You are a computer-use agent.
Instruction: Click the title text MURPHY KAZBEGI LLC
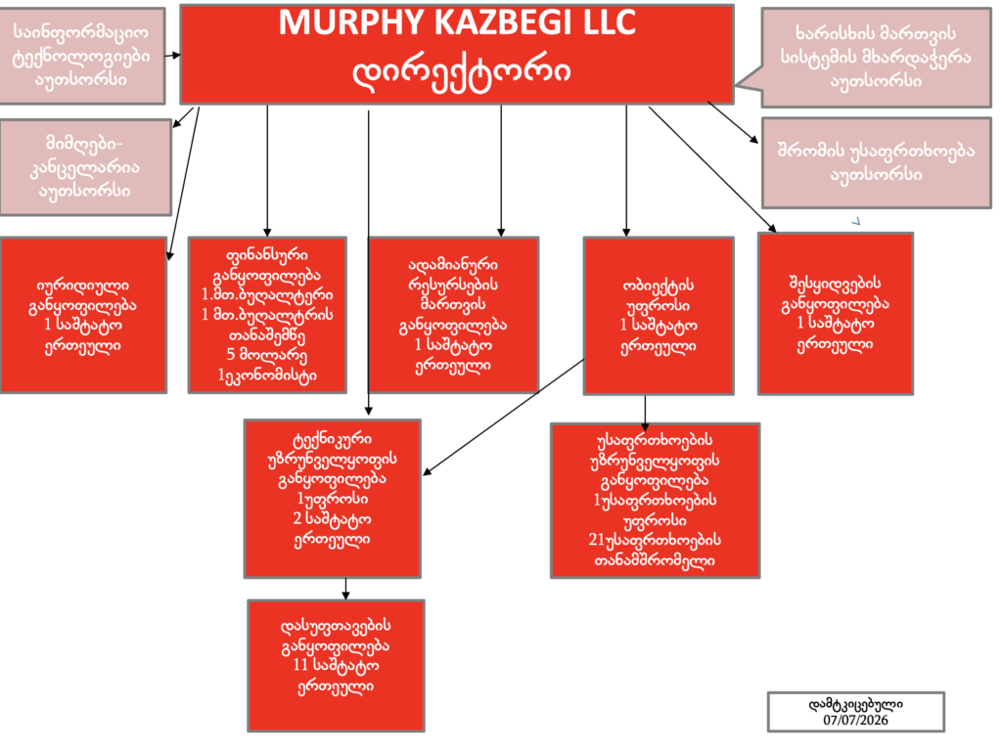pos(457,23)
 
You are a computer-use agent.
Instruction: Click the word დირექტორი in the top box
pos(462,71)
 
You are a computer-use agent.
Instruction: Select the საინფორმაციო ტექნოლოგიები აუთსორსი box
pos(82,56)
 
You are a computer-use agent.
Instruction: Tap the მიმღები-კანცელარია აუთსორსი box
pos(85,167)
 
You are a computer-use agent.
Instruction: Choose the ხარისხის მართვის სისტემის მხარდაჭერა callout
pos(876,58)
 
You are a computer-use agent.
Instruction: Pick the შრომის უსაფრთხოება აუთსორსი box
pos(876,163)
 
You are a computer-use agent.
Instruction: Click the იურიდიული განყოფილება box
pos(83,315)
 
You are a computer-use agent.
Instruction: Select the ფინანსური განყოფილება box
pos(267,315)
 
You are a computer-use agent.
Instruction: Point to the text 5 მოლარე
pos(266,355)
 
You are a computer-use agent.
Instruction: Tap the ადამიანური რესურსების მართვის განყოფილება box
pos(453,314)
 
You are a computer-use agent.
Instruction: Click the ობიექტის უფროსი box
pos(659,316)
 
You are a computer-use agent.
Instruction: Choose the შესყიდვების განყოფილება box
pos(836,314)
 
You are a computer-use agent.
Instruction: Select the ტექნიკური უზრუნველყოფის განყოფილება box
pos(333,499)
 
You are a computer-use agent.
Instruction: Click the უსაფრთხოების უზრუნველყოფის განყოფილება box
pos(655,501)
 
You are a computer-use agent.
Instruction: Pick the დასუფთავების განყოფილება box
pos(337,665)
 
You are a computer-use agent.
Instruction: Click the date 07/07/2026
pos(855,721)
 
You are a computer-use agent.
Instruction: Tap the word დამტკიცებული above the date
pos(855,705)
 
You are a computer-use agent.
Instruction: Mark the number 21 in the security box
pos(596,540)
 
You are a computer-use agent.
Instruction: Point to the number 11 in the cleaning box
pos(300,665)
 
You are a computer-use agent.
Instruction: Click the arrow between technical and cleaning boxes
pos(345,589)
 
